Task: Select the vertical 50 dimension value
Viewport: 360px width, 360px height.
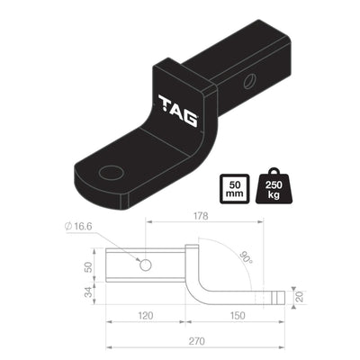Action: [89, 267]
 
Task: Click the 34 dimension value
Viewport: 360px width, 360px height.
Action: [89, 292]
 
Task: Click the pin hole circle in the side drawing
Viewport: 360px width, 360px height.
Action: [145, 265]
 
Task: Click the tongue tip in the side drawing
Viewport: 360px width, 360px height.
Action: [279, 296]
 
